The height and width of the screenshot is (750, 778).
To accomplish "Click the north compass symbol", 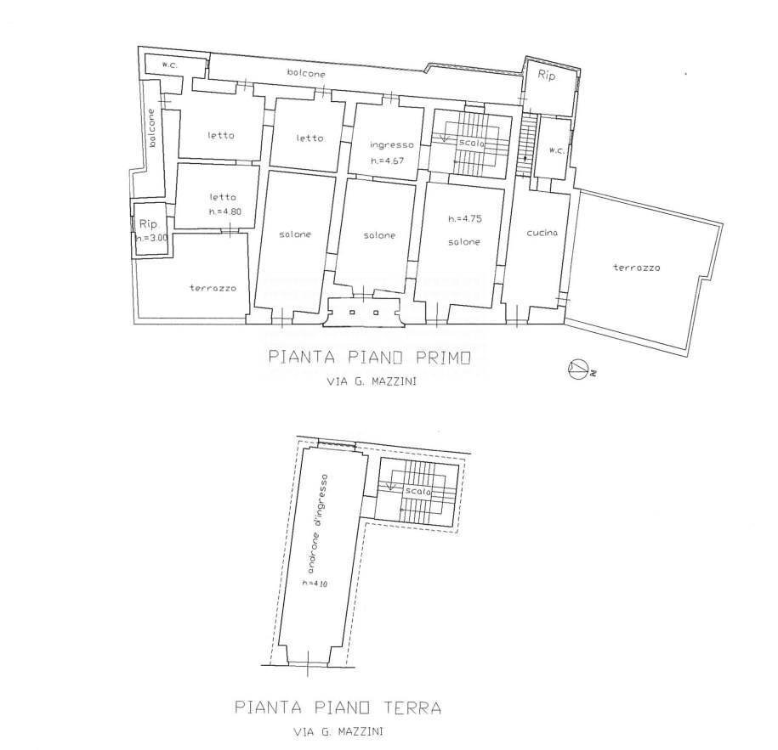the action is point(581,369).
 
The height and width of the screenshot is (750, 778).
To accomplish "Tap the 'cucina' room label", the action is point(542,233).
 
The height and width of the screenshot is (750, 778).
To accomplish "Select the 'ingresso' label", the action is point(392,145).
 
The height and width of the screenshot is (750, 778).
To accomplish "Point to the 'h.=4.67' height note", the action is point(388,161).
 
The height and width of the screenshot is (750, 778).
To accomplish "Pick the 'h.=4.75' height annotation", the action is point(465,218).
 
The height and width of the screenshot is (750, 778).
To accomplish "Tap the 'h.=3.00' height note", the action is point(152,238).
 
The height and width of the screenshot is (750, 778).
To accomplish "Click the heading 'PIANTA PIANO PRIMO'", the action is point(369,358).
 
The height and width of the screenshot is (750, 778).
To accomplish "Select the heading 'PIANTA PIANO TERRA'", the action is point(338,707).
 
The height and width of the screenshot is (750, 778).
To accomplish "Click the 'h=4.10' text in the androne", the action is point(315,584).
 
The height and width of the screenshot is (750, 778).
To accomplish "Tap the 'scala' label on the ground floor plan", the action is point(417,491).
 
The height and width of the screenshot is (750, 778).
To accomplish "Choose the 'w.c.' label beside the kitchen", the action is point(557,150).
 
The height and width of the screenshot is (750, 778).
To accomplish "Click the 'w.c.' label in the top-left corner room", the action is point(170,65).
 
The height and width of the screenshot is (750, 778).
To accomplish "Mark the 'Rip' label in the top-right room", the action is point(547,76).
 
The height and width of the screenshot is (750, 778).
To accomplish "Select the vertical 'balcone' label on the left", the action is point(152,128).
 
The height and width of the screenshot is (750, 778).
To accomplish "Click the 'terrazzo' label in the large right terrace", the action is point(637,268).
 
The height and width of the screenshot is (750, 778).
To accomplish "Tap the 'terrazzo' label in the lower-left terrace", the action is point(213,288).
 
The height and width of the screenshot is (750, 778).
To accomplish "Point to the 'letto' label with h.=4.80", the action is point(223,197).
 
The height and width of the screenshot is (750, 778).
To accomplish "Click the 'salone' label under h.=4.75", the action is point(464,242).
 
